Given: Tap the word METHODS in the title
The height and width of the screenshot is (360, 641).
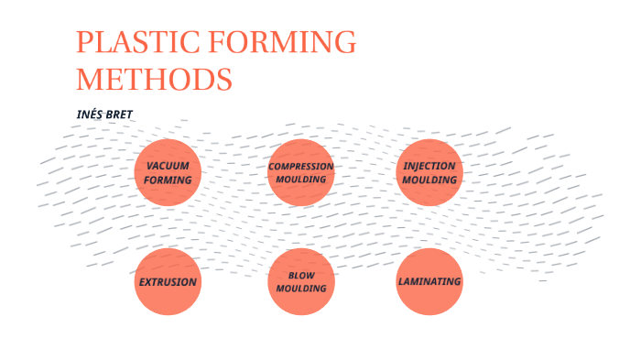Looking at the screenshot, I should [x=153, y=79].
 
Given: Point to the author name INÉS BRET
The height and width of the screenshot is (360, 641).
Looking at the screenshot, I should [x=105, y=114].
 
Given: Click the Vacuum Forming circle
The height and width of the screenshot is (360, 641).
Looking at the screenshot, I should [x=168, y=172].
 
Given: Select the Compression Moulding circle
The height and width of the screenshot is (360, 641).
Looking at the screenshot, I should [x=300, y=172].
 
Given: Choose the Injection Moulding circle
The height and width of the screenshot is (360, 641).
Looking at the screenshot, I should [x=429, y=172].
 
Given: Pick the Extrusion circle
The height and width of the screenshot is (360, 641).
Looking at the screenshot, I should [x=168, y=281].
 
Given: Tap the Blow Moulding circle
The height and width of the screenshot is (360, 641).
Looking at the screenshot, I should [x=300, y=281].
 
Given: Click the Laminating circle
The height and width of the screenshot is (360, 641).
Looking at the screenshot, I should [x=429, y=281].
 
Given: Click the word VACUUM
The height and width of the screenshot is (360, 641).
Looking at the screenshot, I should [x=168, y=166].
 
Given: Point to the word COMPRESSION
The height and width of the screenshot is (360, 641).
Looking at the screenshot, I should [x=300, y=166].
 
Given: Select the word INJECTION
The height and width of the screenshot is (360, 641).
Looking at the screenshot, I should [x=429, y=166].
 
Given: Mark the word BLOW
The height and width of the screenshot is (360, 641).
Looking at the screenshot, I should [x=300, y=275].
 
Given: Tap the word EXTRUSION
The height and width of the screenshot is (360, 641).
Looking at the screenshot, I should [x=168, y=281].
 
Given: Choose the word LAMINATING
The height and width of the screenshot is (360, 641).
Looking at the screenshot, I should [x=429, y=281].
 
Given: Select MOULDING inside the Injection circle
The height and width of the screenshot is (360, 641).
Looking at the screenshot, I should [x=429, y=180].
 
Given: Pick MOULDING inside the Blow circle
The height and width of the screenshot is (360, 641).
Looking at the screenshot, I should [x=300, y=289].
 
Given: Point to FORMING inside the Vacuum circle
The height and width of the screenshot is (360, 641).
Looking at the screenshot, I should [x=168, y=180].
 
